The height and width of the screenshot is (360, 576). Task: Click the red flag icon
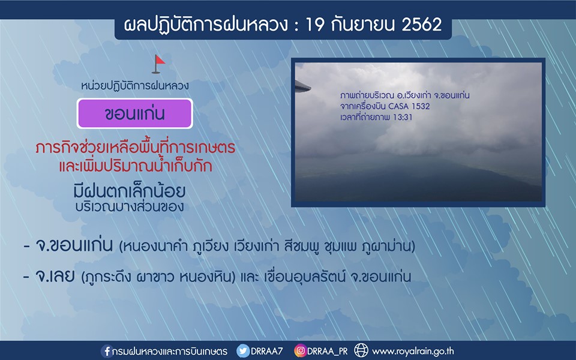point(158,64)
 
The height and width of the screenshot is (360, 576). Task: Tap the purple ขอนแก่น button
point(135,113)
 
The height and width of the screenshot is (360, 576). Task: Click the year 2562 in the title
point(421,25)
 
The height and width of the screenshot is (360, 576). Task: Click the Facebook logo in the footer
point(107,351)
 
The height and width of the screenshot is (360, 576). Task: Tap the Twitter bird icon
point(242,351)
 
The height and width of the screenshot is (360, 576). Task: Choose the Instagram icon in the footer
point(300,351)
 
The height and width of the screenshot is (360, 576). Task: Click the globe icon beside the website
point(361,350)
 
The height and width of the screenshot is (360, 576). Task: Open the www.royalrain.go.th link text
point(413,352)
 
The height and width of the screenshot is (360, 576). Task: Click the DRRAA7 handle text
point(266,351)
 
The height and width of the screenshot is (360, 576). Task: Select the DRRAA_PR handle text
point(328,352)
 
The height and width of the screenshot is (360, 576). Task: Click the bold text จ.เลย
point(55,275)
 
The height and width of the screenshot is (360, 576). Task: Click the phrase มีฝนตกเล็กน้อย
point(130,191)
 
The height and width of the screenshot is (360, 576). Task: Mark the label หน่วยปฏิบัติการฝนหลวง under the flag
point(135,86)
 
